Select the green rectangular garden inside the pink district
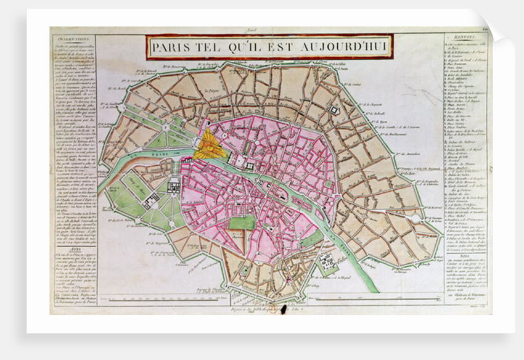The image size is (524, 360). (242, 223)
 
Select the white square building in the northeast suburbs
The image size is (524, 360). (334, 110)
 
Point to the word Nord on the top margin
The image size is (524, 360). (266, 28)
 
